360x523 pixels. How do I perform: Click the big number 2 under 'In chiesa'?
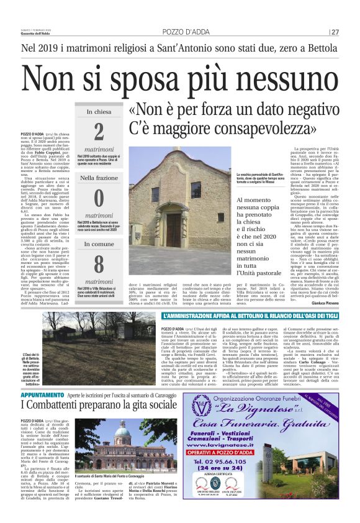[x=99, y=132]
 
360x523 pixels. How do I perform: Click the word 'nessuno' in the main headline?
[x=269, y=78]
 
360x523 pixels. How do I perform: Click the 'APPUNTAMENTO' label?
[x=41, y=377]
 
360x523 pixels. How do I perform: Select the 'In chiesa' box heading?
[x=99, y=112]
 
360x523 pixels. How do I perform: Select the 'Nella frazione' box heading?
[x=99, y=178]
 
